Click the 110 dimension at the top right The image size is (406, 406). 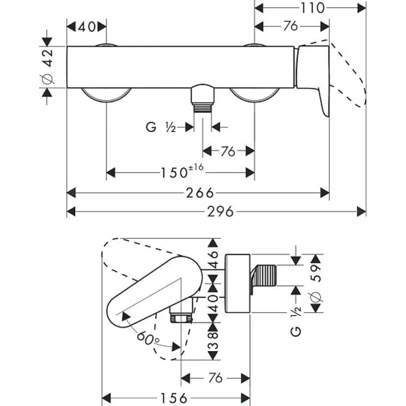[311, 8]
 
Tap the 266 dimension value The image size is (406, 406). [199, 192]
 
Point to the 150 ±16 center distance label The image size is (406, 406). [181, 173]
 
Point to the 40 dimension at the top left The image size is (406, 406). [87, 27]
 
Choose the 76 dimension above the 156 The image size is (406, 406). [216, 378]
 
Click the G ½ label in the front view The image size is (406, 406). [160, 128]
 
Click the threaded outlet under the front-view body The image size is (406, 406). [203, 98]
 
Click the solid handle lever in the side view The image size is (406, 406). [152, 289]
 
